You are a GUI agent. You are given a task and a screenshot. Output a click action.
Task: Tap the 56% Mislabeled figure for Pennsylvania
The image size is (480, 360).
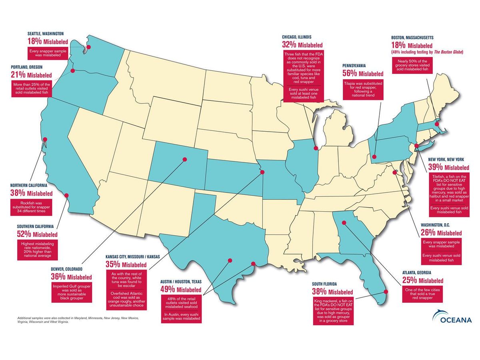363,74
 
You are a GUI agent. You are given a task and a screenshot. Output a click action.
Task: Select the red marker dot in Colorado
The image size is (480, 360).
184,159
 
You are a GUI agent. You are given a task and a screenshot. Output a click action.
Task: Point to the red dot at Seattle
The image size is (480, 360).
88,47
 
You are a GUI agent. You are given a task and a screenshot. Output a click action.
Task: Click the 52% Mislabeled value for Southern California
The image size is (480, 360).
37,234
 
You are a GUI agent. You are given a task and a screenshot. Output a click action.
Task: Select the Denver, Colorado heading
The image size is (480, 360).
71,269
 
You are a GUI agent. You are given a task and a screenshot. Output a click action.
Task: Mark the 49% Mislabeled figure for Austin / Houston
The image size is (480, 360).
182,289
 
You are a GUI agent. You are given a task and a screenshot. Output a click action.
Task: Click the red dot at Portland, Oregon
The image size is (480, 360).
73,70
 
